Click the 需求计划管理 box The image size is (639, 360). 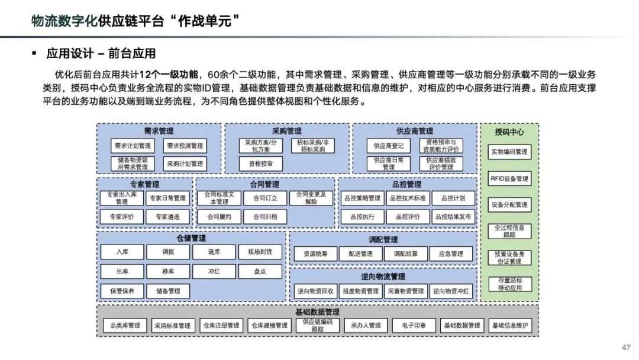[133, 146]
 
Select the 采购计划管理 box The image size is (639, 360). [185, 163]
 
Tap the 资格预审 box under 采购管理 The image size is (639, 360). [260, 163]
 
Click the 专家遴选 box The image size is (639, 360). [168, 217]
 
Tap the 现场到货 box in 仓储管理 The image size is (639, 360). [260, 252]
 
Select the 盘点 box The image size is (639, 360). [260, 271]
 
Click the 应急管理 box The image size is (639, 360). [451, 254]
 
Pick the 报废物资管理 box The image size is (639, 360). [361, 291]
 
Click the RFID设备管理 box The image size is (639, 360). [509, 178]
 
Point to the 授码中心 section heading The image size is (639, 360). [509, 132]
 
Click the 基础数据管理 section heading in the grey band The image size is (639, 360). [318, 311]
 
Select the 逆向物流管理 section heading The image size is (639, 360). [383, 277]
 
